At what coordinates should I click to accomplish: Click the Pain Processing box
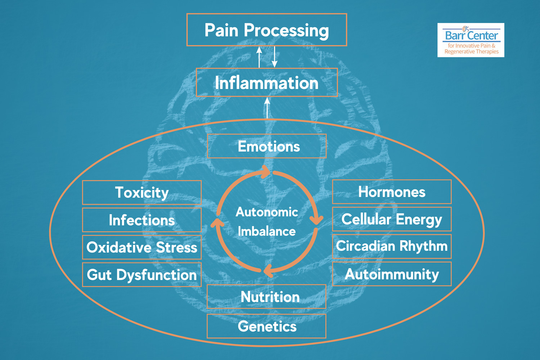[x=267, y=30]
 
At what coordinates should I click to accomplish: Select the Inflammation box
[x=267, y=82]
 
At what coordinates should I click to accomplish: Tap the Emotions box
[x=267, y=146]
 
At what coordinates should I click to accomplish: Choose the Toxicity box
[x=142, y=193]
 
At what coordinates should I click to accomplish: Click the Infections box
[x=142, y=220]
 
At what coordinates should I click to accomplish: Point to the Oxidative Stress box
[x=142, y=247]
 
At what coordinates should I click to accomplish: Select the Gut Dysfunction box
[x=142, y=275]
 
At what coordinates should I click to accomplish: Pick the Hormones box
[x=392, y=192]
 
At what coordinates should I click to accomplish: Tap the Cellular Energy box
[x=392, y=219]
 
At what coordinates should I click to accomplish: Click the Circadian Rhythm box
[x=392, y=246]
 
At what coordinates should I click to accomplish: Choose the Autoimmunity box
[x=392, y=274]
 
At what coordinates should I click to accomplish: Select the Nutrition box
[x=267, y=297]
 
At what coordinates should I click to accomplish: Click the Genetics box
[x=267, y=326]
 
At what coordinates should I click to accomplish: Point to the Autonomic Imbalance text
[x=267, y=222]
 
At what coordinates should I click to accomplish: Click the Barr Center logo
[x=471, y=40]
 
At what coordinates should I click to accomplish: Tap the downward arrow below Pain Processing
[x=275, y=57]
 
